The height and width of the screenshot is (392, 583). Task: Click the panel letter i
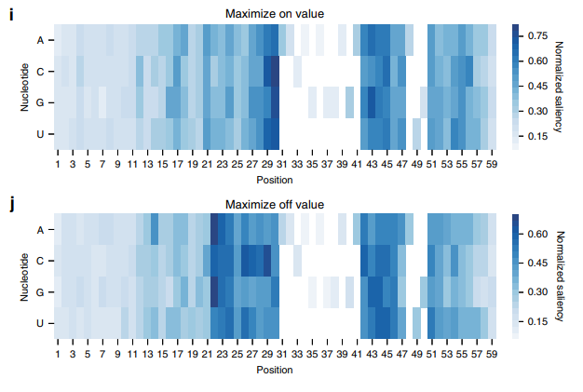click(10, 16)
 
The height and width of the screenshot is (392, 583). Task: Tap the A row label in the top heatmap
click(40, 40)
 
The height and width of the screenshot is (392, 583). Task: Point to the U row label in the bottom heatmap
click(40, 323)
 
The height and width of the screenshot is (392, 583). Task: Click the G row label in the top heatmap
click(40, 102)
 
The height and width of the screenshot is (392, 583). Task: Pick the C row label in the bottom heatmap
click(40, 261)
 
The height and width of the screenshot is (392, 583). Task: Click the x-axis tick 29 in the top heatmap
click(265, 165)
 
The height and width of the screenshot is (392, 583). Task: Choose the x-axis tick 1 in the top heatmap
click(57, 165)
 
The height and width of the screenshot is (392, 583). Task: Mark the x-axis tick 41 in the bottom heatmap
click(355, 355)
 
